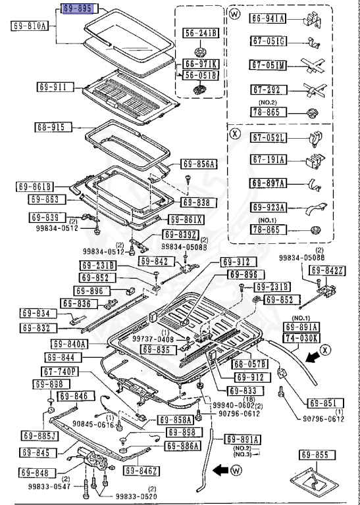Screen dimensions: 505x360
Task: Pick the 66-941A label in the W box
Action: [267, 19]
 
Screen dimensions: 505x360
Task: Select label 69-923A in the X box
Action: [267, 206]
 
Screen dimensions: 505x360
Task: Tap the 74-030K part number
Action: [301, 338]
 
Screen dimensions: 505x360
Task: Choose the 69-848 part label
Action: [33, 472]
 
